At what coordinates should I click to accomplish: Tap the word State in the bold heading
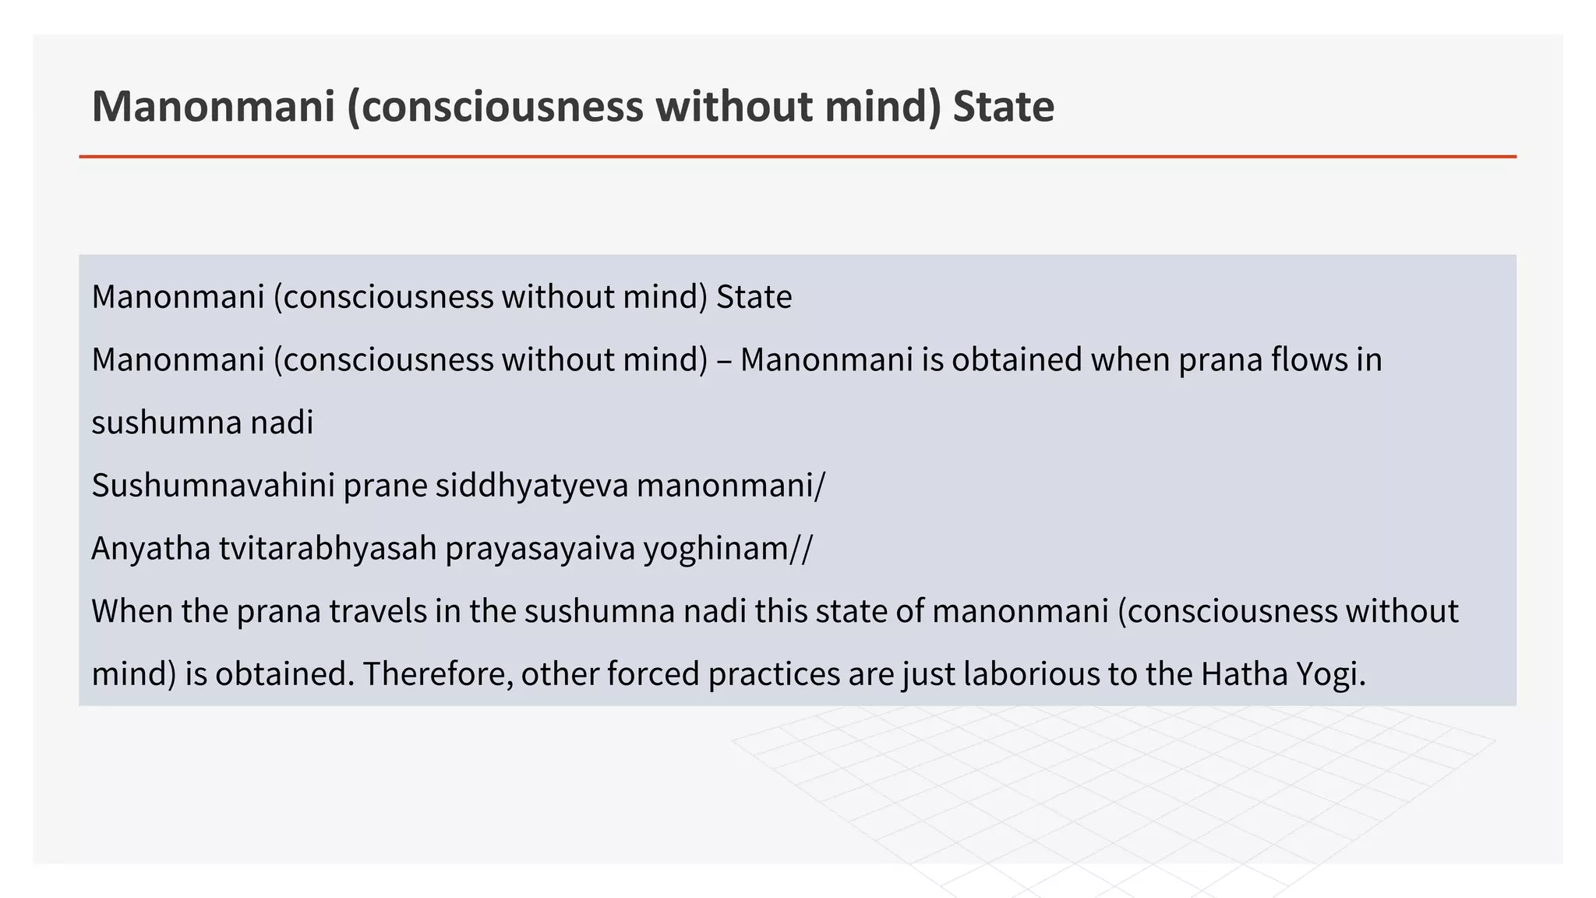(x=1003, y=107)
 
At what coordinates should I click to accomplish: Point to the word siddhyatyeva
(x=531, y=486)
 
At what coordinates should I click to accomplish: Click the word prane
(x=385, y=486)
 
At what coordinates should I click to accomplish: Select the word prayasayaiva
(x=539, y=549)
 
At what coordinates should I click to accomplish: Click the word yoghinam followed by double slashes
(x=726, y=549)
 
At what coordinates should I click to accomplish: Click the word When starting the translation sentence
(x=132, y=611)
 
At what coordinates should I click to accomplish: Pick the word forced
(x=653, y=674)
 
